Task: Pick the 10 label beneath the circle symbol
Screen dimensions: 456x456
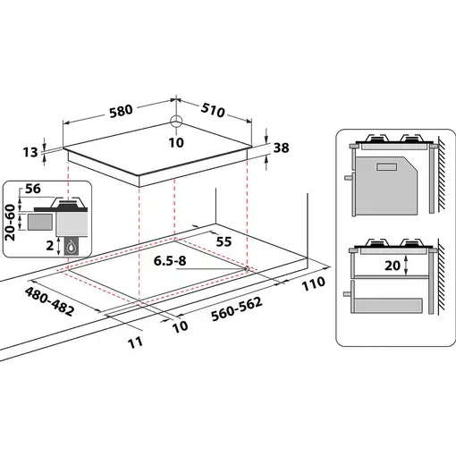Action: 177,141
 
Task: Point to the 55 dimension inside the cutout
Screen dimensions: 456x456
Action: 224,241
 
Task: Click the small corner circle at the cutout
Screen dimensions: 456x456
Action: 245,268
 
